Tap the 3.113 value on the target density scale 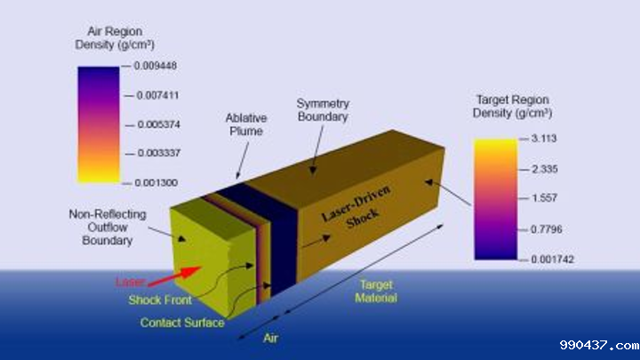coord(539,140)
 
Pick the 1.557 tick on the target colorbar coord(539,198)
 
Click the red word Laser coord(129,282)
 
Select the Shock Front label coord(159,300)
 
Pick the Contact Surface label coord(182,322)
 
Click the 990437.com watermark coord(599,345)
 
